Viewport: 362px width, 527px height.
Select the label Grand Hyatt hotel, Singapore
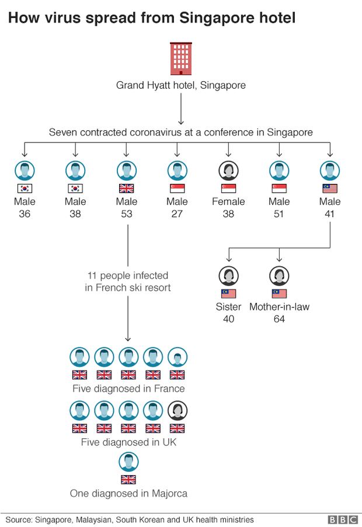point(181,85)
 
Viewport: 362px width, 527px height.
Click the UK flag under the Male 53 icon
point(126,189)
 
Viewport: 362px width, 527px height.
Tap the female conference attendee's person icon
point(228,170)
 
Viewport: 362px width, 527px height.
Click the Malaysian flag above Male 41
point(330,189)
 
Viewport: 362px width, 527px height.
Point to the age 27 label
point(177,214)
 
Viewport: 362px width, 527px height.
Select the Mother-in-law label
point(279,306)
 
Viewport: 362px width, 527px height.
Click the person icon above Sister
point(228,275)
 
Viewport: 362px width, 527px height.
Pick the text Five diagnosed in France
point(128,389)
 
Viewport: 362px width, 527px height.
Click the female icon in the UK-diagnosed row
point(177,410)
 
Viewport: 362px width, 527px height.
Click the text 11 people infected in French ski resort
point(128,281)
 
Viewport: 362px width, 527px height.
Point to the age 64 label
point(279,319)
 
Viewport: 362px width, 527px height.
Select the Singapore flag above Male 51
point(279,189)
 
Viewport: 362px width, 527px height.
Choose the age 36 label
point(25,214)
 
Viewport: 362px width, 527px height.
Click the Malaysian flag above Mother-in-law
point(279,294)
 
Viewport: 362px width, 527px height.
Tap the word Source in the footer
point(19,519)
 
